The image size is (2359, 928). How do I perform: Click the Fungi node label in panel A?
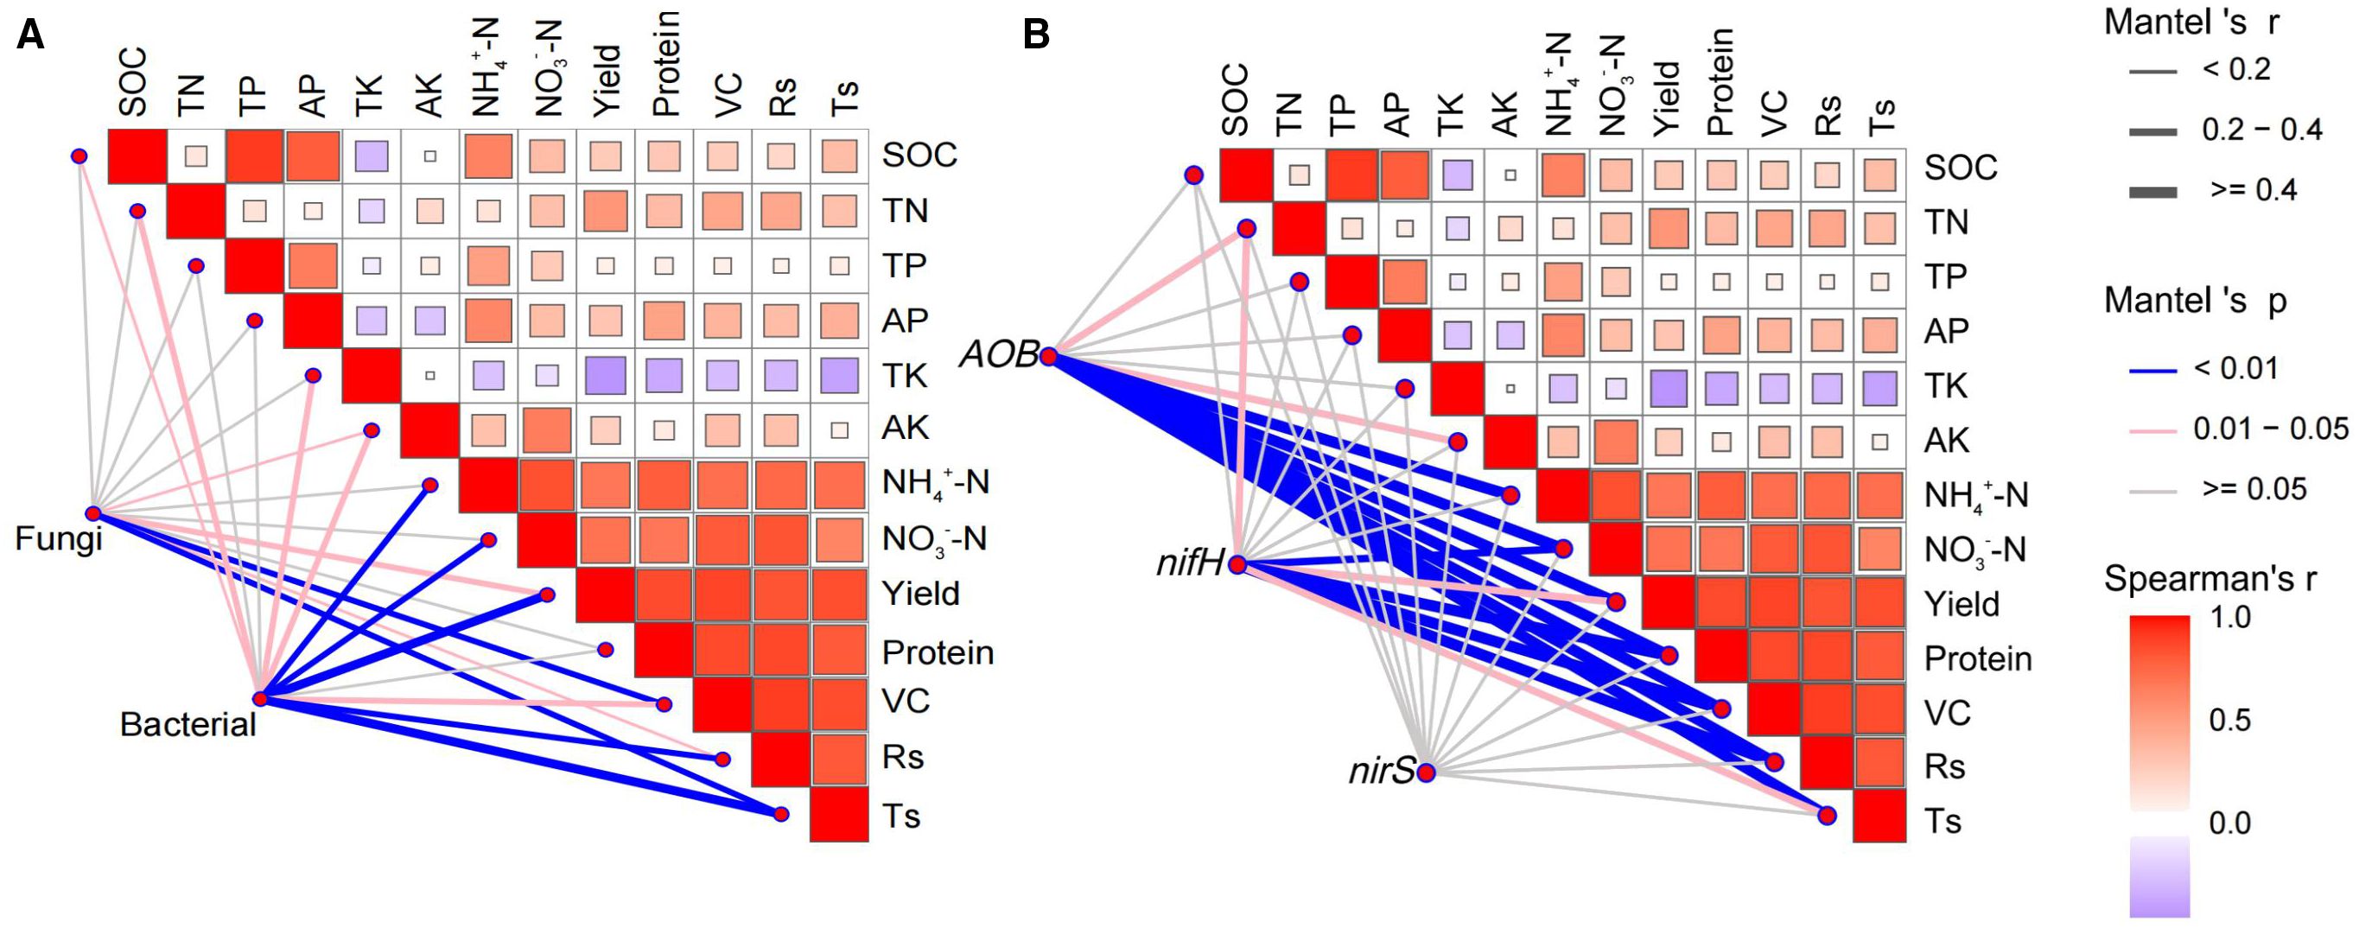[x=59, y=538]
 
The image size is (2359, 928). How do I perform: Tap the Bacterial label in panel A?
[x=188, y=725]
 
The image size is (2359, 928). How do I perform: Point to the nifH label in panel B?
[x=1190, y=564]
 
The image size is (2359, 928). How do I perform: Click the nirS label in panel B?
[x=1381, y=772]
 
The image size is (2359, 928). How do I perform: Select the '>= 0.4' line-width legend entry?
[x=2252, y=191]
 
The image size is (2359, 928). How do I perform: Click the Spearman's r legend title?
[x=2210, y=579]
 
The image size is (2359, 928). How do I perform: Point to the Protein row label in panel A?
[x=937, y=652]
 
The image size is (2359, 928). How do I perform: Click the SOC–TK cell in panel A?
[x=371, y=156]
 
